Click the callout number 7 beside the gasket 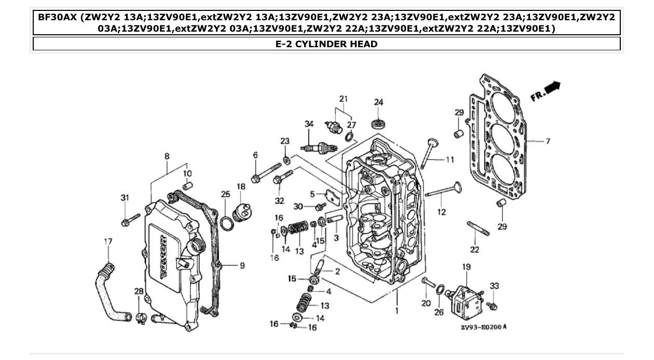(548, 141)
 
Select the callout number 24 (378, 102)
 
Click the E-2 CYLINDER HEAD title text (326, 44)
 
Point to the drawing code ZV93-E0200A (483, 327)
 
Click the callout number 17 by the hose (108, 241)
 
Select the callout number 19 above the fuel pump (466, 267)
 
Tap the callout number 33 (494, 286)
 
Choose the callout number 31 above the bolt (125, 198)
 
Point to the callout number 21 (343, 99)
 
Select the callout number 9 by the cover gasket (242, 266)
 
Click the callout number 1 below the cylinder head (397, 311)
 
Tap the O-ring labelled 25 (226, 224)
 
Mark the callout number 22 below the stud (474, 250)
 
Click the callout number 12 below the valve (442, 212)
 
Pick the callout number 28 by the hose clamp (139, 292)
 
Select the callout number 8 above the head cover (167, 156)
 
